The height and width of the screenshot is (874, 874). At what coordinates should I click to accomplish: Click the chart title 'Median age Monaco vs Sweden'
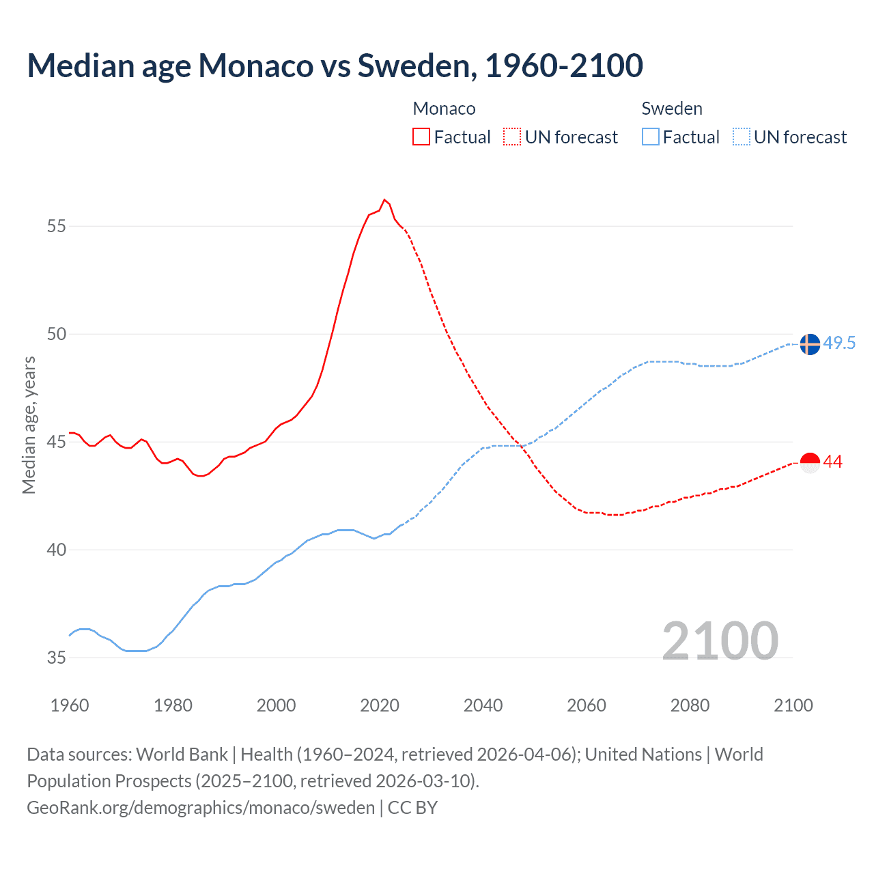[x=335, y=66]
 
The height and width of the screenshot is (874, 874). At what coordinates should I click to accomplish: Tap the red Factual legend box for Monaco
[x=421, y=137]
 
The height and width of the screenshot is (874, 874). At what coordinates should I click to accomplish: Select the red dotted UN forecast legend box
[x=512, y=137]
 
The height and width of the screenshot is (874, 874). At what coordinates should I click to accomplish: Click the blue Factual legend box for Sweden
[x=651, y=137]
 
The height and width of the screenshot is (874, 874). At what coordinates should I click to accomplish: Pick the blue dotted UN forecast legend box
[x=742, y=137]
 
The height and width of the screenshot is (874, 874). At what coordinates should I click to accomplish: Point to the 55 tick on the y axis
[x=57, y=226]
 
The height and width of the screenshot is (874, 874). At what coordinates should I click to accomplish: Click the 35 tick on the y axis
[x=57, y=658]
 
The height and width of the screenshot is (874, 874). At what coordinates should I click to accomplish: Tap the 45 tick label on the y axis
[x=57, y=442]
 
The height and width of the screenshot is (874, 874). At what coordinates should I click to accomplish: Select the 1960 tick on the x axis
[x=70, y=705]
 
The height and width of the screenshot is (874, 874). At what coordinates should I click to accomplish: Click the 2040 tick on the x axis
[x=483, y=705]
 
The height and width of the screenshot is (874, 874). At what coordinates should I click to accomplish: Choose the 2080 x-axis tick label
[x=690, y=705]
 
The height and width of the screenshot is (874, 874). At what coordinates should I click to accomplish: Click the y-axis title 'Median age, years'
[x=29, y=425]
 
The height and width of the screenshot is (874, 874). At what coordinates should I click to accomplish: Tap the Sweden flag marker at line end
[x=810, y=345]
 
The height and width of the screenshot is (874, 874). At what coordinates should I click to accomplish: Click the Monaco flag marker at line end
[x=810, y=463]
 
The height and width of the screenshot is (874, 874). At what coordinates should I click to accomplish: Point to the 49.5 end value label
[x=839, y=343]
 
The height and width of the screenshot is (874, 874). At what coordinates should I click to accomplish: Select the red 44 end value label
[x=833, y=462]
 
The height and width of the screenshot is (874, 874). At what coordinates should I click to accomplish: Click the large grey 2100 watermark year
[x=720, y=640]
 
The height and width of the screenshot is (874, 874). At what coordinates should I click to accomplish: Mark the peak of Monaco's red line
[x=384, y=199]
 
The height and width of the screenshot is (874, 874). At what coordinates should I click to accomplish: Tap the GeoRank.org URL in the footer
[x=201, y=808]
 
